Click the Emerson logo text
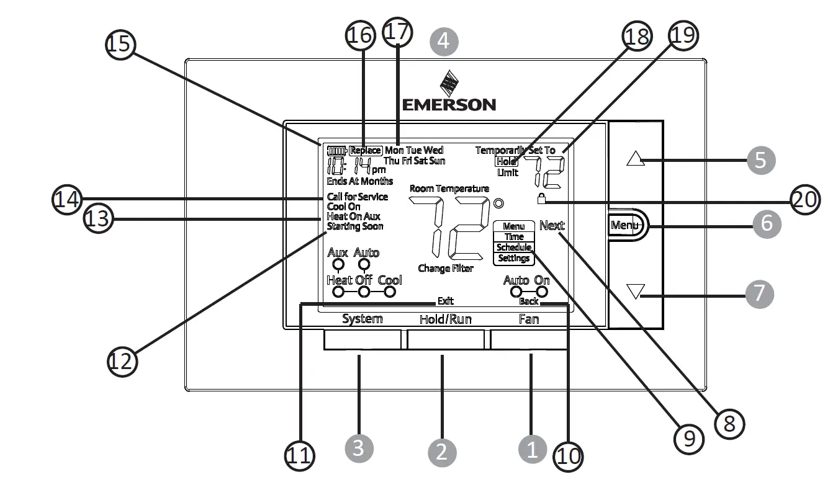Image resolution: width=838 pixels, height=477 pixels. pos(449,104)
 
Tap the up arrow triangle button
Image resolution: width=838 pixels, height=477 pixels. pos(634,159)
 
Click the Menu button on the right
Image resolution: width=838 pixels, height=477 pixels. pos(626,225)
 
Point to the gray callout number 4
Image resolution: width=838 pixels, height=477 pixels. pos(444,42)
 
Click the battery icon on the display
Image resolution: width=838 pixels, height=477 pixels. pos(336,150)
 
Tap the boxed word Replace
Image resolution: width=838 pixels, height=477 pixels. pos(365,150)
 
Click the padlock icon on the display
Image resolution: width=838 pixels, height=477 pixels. pos(541,199)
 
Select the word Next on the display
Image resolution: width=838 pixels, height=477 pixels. pos(552,226)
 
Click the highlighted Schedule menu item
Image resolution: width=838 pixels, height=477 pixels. pos(513,247)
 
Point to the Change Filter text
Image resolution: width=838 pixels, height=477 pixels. pos(446,269)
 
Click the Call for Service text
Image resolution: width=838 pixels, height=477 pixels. pos(357,197)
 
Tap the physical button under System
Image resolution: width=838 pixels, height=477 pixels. pos(363,340)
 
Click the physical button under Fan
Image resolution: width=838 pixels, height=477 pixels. pos(529,340)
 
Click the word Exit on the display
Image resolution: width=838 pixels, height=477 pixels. pos(445,301)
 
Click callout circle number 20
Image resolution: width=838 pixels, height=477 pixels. pos(804,199)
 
